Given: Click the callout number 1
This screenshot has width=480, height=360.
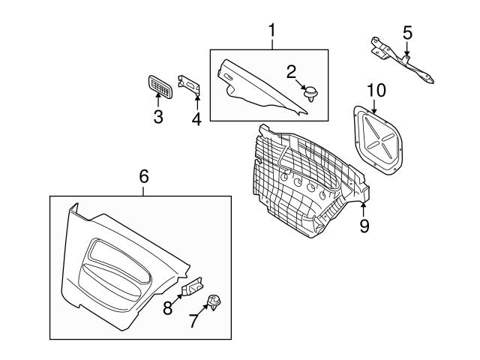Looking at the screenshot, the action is coord(271,30).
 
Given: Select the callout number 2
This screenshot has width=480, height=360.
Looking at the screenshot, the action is coord(291,72).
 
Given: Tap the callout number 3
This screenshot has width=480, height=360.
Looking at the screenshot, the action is coord(158,117).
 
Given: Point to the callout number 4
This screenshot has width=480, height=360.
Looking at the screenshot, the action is coord(196,119).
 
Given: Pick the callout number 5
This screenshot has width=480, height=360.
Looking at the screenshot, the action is coord(407,33).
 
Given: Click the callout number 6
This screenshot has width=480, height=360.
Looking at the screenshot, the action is coord(144,177).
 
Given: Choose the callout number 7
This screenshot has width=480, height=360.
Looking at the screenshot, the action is coord(193,321).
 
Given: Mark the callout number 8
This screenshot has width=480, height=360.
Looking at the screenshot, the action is coord(168,308).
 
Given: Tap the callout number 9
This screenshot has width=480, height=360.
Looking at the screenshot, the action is coord(364,226).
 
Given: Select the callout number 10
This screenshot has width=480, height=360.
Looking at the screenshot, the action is coord(376,91).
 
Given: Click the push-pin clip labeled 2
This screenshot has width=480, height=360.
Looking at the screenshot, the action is coord(310,94).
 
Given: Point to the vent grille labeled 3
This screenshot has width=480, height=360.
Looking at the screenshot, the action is coord(160,87).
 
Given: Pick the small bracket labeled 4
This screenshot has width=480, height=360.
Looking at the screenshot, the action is coord(189,85).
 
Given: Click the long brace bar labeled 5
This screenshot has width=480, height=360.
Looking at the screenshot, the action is coord(401,60).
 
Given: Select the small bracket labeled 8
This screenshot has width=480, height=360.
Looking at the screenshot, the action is coord(193,286).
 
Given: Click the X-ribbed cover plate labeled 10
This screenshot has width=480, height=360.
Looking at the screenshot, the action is coord(378,140).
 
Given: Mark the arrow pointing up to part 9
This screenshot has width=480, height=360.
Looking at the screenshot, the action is coord(363,210).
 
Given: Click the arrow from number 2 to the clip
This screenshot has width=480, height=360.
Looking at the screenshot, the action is coord(301,85).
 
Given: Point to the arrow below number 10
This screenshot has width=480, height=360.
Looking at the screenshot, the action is coord(373,106).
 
